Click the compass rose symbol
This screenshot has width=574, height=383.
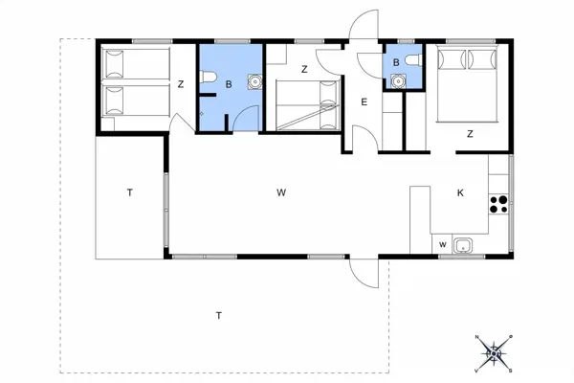494,353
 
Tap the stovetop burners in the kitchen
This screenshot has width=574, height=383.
499,205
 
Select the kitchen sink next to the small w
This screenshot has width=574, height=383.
463,245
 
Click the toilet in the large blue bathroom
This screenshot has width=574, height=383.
208,77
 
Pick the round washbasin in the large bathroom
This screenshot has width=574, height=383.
254,81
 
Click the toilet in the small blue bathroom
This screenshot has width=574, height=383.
414,60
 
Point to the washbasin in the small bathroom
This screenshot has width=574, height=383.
398,80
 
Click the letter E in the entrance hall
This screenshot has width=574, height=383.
364,101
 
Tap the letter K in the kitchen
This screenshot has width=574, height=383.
460,192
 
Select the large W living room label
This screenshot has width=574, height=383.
281,192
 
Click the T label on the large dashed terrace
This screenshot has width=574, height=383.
219,316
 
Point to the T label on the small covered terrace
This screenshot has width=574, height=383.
129,192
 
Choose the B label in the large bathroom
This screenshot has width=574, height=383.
229,84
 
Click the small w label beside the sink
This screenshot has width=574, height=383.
443,245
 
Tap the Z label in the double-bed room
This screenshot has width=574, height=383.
470,134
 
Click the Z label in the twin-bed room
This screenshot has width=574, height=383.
181,84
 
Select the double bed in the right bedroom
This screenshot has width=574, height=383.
467,84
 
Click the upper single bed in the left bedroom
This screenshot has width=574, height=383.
136,63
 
